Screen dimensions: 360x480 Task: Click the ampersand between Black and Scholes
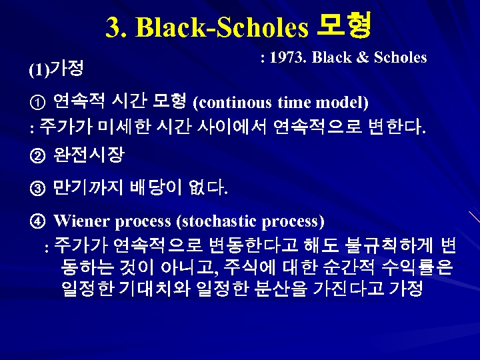click(363, 57)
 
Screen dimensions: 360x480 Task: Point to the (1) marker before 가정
click(39, 69)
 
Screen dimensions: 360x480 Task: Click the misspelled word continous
click(233, 103)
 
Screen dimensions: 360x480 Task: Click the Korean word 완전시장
click(89, 156)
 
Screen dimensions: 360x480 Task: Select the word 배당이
click(155, 189)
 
